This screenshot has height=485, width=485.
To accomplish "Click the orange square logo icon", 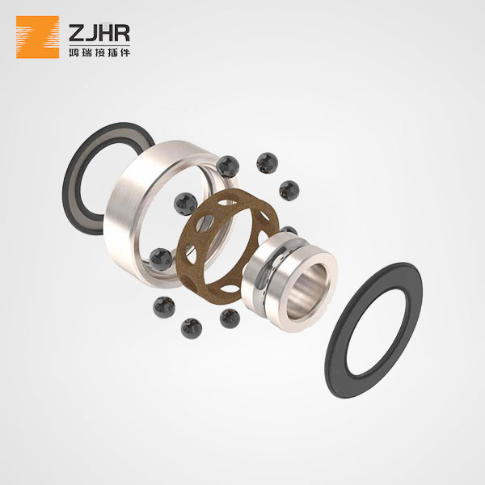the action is point(37,37).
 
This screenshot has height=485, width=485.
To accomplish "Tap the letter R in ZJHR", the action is point(122,33).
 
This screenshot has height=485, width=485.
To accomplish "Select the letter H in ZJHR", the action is point(105,33).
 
